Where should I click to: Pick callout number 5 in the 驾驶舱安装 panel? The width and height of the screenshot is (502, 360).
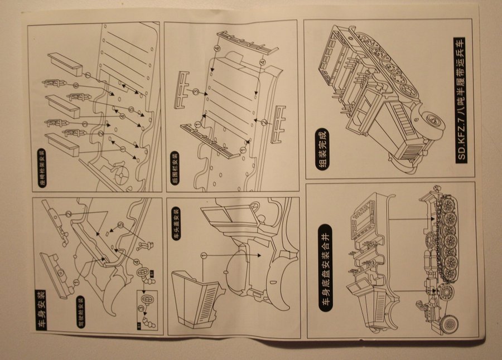click(x=120, y=225)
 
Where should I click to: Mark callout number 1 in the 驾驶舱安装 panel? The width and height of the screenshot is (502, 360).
click(x=67, y=214)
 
